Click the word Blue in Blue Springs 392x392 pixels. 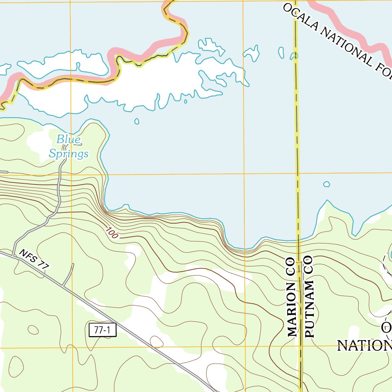point(69,139)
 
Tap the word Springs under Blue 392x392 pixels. point(69,154)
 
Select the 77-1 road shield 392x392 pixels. point(102,330)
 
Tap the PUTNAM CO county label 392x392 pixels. point(309,297)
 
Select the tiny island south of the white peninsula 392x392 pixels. point(137,122)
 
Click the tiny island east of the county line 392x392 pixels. point(326,184)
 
